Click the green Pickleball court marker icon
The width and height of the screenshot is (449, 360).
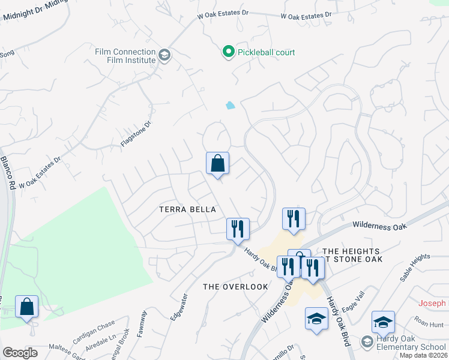228,53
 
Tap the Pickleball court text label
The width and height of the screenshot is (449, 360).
266,53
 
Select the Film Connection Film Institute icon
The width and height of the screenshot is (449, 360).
164,56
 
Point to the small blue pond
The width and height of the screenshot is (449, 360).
231,106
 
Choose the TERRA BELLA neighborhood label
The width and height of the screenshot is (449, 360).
187,209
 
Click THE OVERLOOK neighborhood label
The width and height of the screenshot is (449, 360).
235,286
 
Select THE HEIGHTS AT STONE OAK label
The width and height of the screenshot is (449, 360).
351,255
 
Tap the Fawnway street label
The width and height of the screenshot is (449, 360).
142,323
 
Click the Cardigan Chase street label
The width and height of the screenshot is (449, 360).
94,332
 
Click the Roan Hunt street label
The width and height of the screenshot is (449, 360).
429,324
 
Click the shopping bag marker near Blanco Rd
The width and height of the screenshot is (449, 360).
26,307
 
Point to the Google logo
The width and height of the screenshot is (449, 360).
20,353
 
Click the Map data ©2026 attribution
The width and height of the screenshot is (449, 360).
423,355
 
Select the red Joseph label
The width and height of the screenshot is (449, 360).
432,304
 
